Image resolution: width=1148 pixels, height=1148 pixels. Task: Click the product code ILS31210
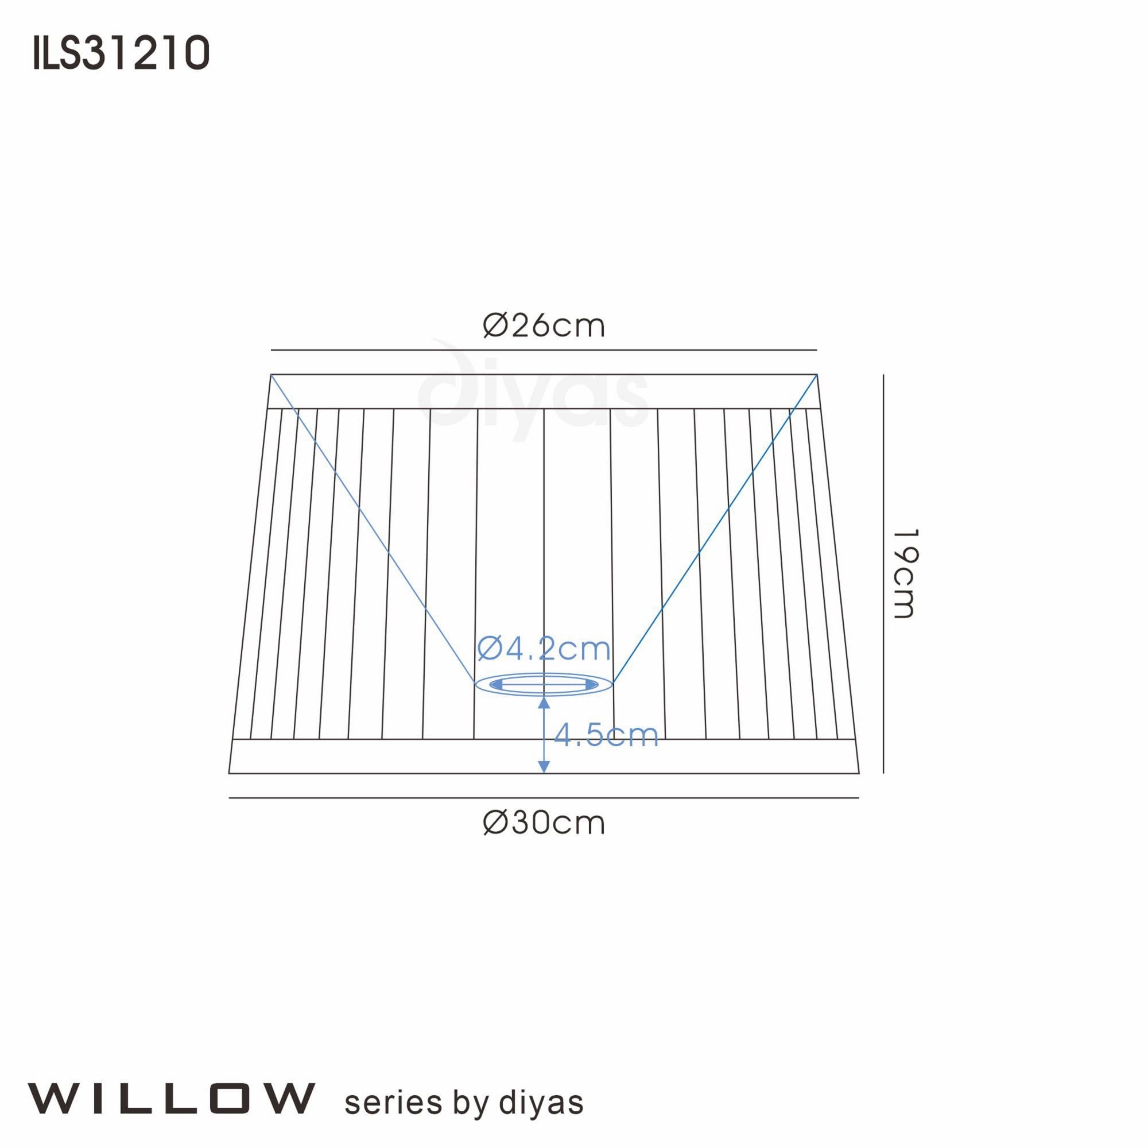tap(121, 53)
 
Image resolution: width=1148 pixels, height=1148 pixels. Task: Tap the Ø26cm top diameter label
tap(544, 325)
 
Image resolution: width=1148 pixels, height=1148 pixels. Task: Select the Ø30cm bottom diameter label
tap(544, 823)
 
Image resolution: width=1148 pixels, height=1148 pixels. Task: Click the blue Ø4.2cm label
tap(544, 649)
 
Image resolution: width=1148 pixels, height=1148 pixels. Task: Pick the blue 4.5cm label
tap(606, 735)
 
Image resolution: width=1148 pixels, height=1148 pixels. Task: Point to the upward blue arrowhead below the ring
tap(544, 704)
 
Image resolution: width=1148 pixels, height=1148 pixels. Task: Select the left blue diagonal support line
tap(372, 529)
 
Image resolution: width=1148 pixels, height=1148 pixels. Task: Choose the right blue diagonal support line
tap(715, 529)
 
